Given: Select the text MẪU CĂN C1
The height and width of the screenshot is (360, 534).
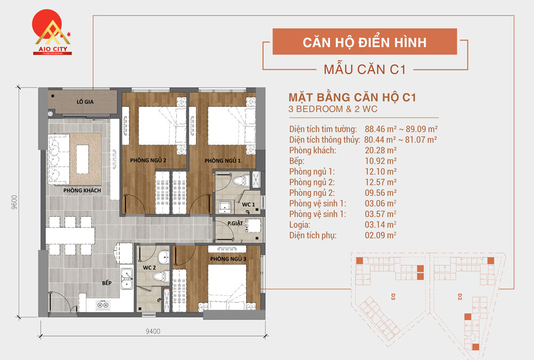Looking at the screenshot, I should click(x=365, y=69).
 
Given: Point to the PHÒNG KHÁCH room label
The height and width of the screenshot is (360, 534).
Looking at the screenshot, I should click(x=82, y=191).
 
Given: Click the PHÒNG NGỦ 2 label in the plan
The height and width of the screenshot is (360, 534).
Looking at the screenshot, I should click(x=148, y=160).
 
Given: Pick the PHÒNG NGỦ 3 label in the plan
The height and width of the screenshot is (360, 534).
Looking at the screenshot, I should click(x=228, y=259).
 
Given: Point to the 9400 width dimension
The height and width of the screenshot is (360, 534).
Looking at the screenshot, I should click(x=153, y=331).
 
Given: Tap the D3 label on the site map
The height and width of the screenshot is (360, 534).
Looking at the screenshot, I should click(x=393, y=295).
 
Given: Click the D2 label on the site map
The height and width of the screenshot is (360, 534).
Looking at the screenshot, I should click(x=459, y=295).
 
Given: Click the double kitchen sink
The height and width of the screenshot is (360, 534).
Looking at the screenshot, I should click(x=127, y=276).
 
